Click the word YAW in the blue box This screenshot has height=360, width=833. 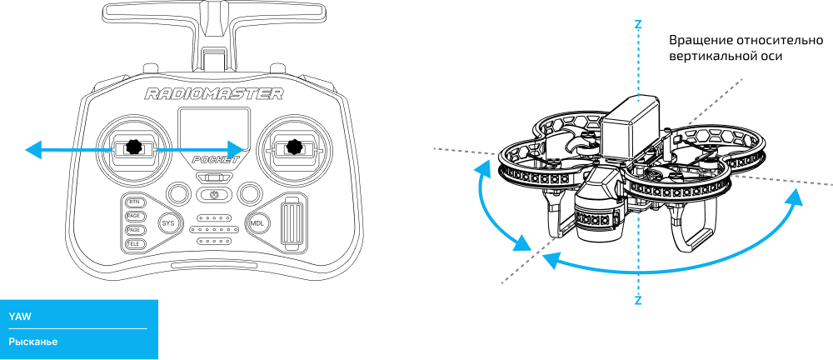(x=20, y=317)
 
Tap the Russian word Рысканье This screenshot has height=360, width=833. (x=33, y=342)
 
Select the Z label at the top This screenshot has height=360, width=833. (x=638, y=25)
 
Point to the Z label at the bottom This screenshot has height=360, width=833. (x=638, y=300)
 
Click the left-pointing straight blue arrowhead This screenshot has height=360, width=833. (x=33, y=150)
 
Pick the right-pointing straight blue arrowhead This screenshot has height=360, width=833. (x=235, y=150)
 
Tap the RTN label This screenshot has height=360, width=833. (x=134, y=202)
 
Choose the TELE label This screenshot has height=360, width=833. (x=133, y=243)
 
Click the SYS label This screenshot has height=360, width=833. (x=167, y=223)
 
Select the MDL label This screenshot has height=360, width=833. (x=257, y=223)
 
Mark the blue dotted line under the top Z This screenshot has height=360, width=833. (x=638, y=67)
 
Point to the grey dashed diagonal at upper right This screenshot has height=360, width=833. (x=713, y=103)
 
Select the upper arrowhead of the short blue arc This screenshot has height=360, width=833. (x=482, y=169)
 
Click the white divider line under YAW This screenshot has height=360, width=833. (x=77, y=328)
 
